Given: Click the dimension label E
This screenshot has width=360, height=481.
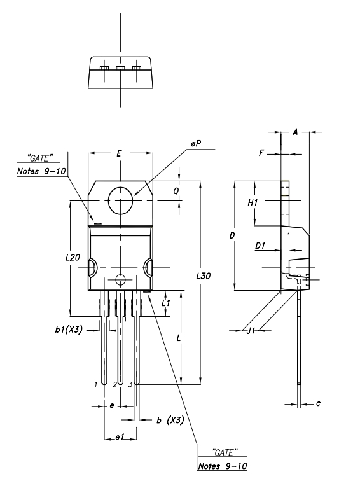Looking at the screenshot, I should [120, 153].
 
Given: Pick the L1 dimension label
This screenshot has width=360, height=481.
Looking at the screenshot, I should [166, 303].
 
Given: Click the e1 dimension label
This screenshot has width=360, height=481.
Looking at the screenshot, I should [118, 438].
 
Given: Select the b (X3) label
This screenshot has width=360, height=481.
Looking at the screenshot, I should [170, 420].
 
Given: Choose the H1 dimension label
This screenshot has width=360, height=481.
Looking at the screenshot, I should [253, 202].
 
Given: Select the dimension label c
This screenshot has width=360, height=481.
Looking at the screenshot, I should [318, 403].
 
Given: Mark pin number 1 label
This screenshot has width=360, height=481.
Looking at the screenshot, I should [96, 384].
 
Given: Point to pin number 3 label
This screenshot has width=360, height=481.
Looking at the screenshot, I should [130, 384].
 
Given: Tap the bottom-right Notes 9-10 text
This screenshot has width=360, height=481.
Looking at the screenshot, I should [223, 466].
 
